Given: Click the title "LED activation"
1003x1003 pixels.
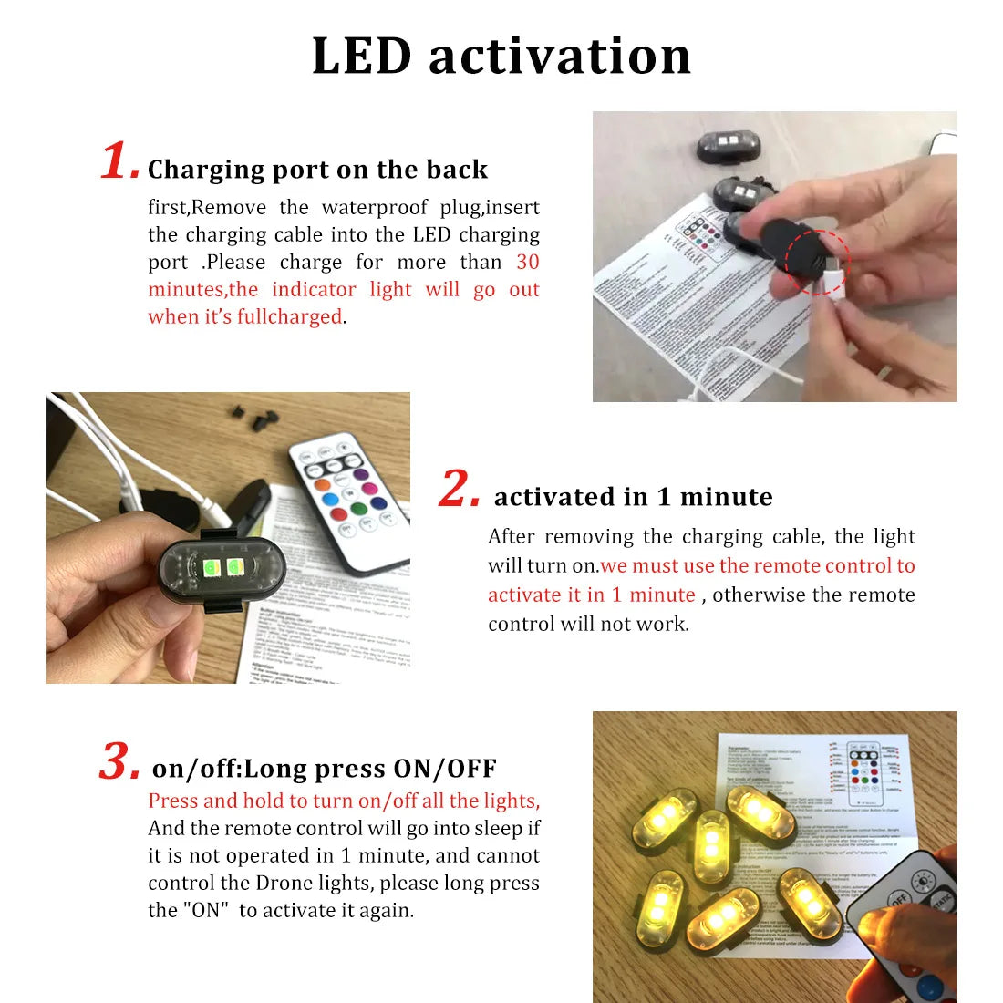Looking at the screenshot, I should tap(501, 56).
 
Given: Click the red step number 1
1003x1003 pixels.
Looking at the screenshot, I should tap(119, 162).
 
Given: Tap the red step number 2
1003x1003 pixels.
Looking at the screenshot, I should tap(459, 489).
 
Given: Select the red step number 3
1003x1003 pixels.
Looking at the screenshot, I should tap(119, 761).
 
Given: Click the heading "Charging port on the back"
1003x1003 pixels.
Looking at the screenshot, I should tap(317, 170).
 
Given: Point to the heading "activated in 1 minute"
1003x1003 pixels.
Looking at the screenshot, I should tap(633, 497).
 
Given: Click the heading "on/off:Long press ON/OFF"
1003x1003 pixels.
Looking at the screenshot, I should tap(324, 769).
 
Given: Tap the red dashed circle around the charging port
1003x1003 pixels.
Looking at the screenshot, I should tap(817, 263).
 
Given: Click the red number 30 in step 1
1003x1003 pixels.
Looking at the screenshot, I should tap(527, 263).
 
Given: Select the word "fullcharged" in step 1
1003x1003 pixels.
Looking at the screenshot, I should tap(289, 317).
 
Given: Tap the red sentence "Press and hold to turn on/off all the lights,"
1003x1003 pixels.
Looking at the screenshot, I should tap(344, 801).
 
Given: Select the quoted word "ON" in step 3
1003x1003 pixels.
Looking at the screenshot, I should tap(205, 911).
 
